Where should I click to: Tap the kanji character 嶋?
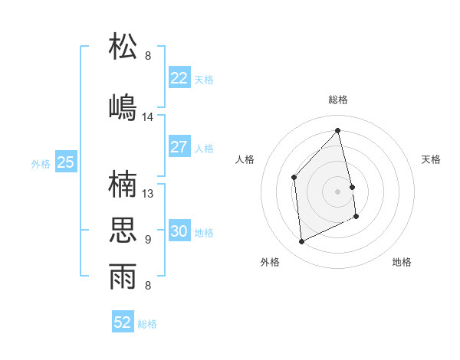click(123, 106)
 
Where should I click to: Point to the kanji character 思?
click(123, 230)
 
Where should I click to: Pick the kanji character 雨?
click(123, 277)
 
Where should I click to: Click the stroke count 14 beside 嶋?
click(148, 117)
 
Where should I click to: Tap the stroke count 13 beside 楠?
click(148, 194)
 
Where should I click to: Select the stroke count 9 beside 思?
click(148, 240)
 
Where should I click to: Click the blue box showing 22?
click(179, 77)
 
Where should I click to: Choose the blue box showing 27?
click(179, 147)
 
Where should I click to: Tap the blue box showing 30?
click(179, 231)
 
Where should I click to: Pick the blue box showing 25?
click(65, 162)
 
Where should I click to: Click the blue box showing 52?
click(123, 322)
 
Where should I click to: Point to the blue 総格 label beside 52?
click(147, 324)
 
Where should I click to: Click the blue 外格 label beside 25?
click(40, 163)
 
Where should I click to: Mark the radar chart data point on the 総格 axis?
click(337, 130)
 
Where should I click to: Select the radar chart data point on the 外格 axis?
click(301, 242)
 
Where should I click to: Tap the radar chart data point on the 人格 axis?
click(294, 178)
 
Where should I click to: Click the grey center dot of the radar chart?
click(337, 191)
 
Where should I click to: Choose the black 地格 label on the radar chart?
click(402, 262)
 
